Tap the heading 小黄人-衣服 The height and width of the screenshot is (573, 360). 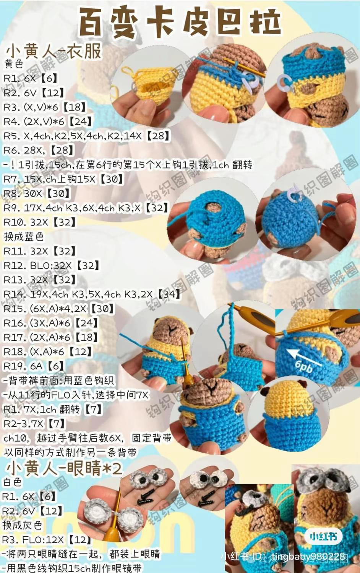click(54, 51)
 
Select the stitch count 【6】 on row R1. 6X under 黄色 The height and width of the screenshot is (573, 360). click(49, 78)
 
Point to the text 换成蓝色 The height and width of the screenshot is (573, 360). click(24, 236)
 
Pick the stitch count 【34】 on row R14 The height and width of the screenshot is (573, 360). click(169, 294)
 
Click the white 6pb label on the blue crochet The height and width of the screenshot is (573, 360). click(304, 367)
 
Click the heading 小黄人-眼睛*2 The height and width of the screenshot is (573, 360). click(64, 468)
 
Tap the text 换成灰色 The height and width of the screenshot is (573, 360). click(22, 525)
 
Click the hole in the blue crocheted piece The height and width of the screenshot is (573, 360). click(211, 207)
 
